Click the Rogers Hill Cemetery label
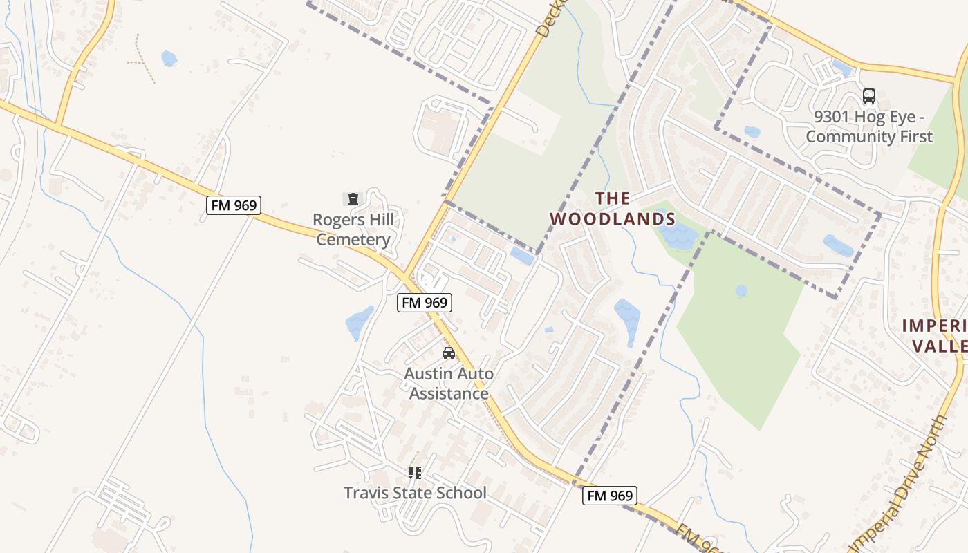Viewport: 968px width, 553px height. point(353,230)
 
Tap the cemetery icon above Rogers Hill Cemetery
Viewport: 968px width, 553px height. point(353,199)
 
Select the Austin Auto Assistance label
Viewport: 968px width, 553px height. point(449,384)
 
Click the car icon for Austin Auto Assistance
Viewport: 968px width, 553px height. point(449,353)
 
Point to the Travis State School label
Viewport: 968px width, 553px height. point(416,493)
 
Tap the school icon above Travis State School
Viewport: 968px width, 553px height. point(415,473)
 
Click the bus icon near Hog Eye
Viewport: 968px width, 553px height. point(869,96)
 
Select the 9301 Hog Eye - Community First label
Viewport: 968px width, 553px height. point(869,126)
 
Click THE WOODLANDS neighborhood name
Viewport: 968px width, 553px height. point(613,209)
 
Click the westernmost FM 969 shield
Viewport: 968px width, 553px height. point(232,205)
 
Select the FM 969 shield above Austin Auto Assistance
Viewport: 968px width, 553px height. point(424,302)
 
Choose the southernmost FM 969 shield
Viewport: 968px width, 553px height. point(609,495)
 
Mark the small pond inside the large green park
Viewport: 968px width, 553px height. point(741,291)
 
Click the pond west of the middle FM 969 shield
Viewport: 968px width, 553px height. point(358,322)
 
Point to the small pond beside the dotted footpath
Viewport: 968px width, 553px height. point(169,59)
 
